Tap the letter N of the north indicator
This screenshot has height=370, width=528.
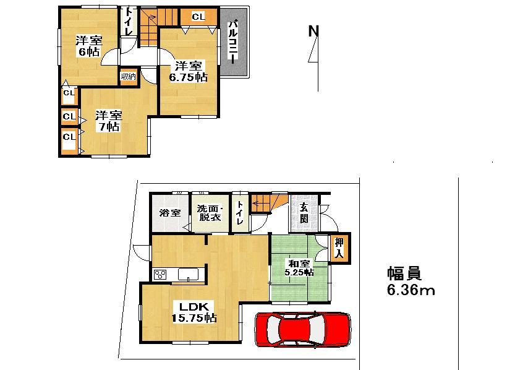(x=313, y=30)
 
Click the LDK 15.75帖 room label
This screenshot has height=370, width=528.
(x=193, y=312)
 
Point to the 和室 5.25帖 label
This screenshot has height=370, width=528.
(x=299, y=268)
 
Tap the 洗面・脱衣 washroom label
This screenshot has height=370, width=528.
(x=210, y=213)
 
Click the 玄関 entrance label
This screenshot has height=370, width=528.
(x=304, y=212)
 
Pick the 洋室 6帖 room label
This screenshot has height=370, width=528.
(x=88, y=46)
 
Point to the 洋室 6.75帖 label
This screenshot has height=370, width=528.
(x=188, y=71)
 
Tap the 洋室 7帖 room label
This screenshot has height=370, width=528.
(x=108, y=121)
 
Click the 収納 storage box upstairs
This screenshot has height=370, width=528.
(x=128, y=76)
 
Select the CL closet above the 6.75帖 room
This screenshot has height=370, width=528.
(x=198, y=17)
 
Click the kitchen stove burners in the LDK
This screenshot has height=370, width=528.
(x=161, y=274)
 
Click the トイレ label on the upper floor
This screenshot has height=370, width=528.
(x=128, y=20)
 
